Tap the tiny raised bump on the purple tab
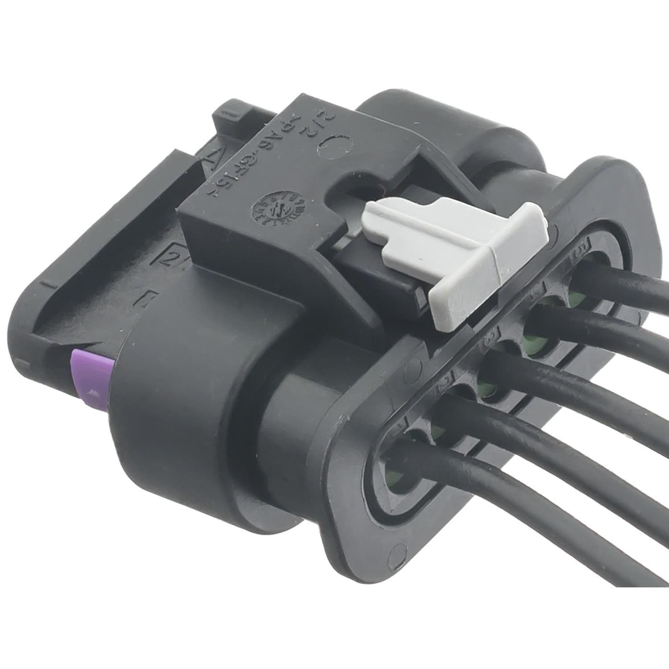pos(93,392)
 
